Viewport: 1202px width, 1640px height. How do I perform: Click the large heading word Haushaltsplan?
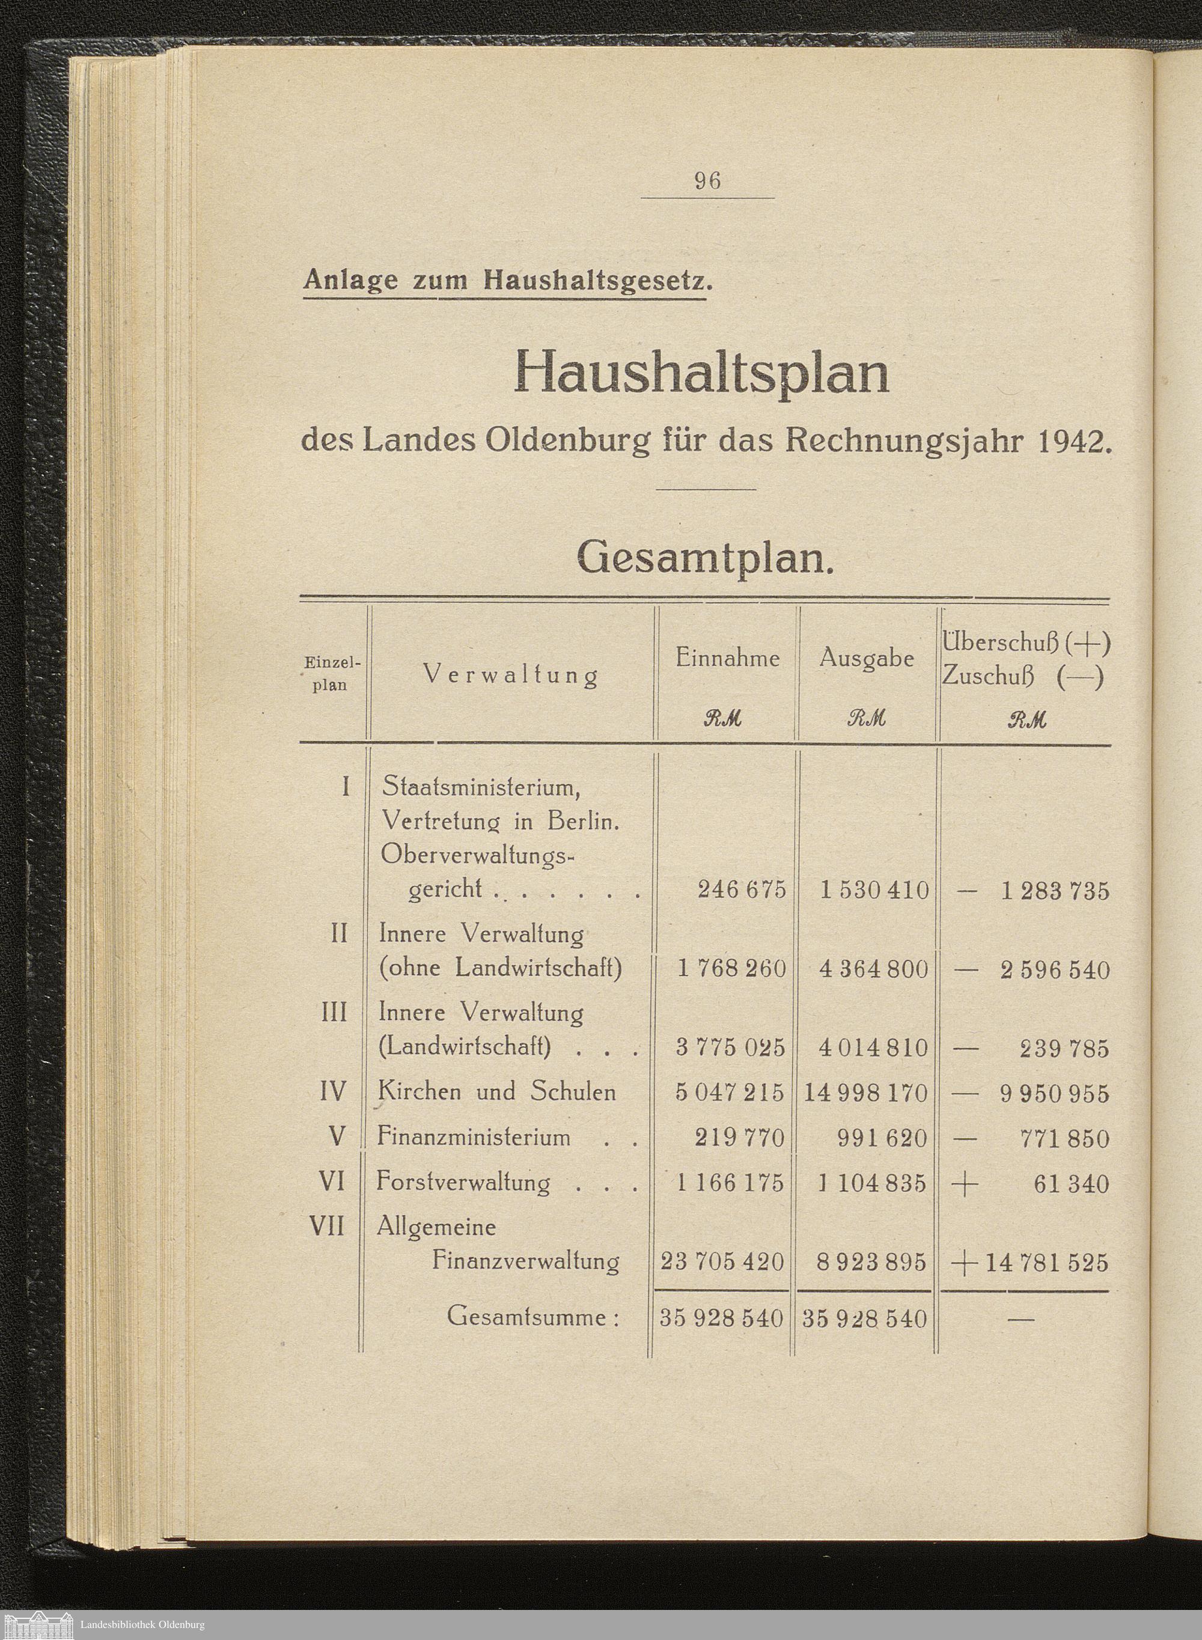(701, 372)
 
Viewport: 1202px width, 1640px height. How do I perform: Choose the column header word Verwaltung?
(511, 676)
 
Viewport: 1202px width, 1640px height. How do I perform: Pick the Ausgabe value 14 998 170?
(866, 1093)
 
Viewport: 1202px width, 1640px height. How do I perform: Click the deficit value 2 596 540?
(1054, 970)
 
